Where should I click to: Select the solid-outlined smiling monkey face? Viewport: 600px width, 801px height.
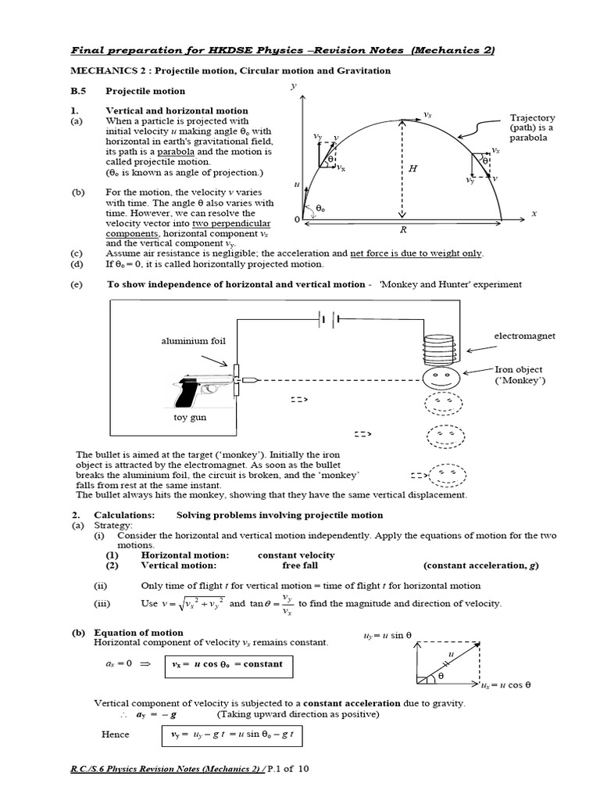(x=442, y=379)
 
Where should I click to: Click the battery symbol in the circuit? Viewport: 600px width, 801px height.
(x=327, y=318)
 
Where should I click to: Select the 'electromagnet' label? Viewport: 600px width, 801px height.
(x=524, y=336)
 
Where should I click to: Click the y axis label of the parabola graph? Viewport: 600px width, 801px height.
(x=293, y=87)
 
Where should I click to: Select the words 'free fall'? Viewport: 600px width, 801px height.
(x=301, y=566)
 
